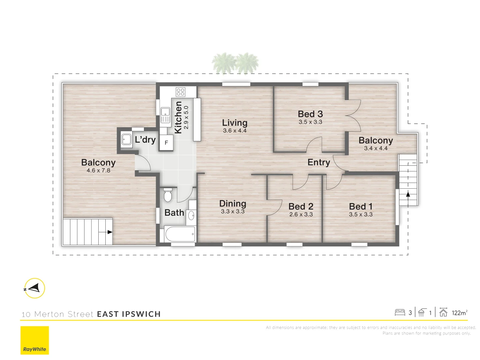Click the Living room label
click(235, 123)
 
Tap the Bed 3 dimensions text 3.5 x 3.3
click(310, 122)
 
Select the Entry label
click(319, 162)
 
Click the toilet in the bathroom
click(168, 195)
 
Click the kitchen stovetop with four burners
click(180, 92)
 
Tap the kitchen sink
click(165, 115)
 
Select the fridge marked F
click(166, 143)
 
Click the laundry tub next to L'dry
click(126, 139)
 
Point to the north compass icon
click(34, 288)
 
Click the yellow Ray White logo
click(35, 340)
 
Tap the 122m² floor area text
click(459, 313)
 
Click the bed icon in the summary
click(400, 313)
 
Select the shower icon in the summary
click(421, 313)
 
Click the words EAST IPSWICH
click(129, 314)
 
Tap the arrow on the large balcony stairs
click(110, 232)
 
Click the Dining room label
click(233, 204)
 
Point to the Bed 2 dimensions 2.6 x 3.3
click(301, 214)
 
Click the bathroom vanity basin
click(191, 216)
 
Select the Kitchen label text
click(178, 117)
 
